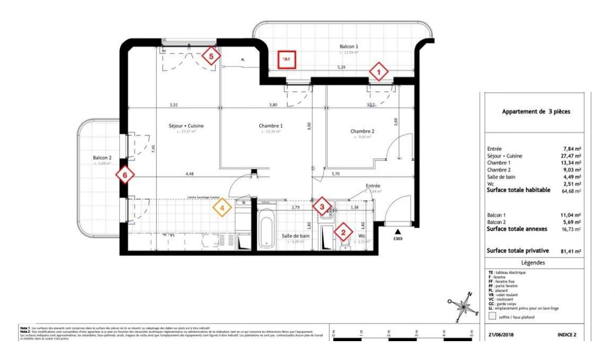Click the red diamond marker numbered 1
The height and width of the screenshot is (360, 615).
[379, 71]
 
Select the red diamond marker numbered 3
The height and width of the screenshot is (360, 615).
[322, 206]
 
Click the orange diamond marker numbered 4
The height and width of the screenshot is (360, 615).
[222, 207]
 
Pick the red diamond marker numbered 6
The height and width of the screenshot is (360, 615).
[125, 174]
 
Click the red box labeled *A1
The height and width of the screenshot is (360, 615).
[287, 59]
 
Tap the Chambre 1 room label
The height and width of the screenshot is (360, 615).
[271, 126]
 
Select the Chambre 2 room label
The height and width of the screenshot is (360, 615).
[363, 131]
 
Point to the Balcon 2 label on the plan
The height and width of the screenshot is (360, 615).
[102, 157]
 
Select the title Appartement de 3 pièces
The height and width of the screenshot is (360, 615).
[536, 112]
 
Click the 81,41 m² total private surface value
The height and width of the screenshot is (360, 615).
[570, 251]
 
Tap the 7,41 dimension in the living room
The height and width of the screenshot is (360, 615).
[153, 148]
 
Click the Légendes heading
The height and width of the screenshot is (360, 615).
[533, 263]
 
